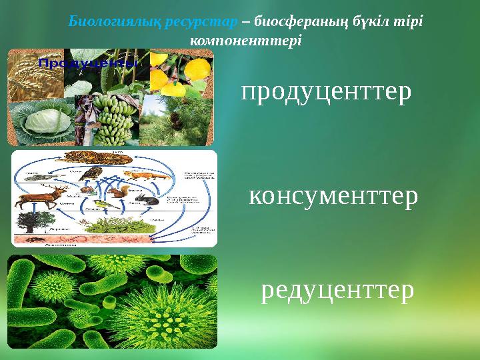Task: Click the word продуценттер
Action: point(326,93)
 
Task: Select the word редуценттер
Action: point(337,290)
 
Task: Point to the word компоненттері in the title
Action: point(246,40)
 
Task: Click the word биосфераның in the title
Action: point(298,20)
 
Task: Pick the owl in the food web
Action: point(95,175)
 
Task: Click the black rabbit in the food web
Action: point(147,200)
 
